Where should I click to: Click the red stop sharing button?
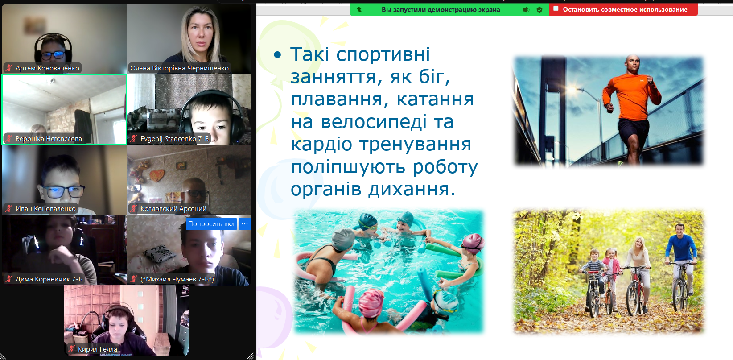tap(623, 9)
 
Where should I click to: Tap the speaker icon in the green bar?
tap(526, 10)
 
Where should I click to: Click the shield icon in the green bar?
tap(539, 10)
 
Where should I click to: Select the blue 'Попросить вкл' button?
tap(211, 224)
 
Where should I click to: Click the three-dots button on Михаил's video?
tap(245, 224)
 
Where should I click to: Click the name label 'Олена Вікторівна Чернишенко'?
tap(179, 68)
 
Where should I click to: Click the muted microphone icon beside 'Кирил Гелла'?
tap(71, 349)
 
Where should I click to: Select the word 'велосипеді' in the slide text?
tap(374, 122)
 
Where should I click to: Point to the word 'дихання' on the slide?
tap(412, 190)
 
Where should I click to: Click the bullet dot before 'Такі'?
tap(277, 55)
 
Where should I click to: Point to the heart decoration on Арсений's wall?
tap(157, 175)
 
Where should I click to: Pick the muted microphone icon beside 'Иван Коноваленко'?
tap(9, 209)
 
